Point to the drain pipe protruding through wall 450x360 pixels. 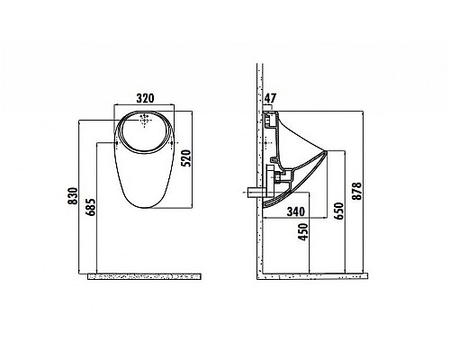click(256, 192)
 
